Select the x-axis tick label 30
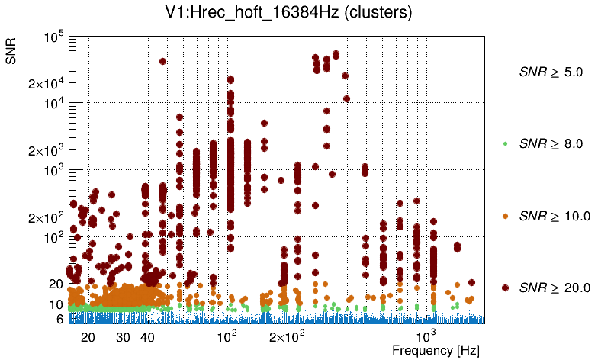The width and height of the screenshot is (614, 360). (124, 336)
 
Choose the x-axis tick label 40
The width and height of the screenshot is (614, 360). (148, 336)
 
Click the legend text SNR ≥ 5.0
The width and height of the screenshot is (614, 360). (550, 73)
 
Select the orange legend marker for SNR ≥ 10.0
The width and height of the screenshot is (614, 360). (506, 216)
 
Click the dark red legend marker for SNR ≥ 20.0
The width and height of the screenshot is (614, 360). (506, 288)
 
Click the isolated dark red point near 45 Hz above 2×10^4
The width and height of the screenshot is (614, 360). (162, 61)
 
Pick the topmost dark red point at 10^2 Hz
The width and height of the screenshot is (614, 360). (230, 79)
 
